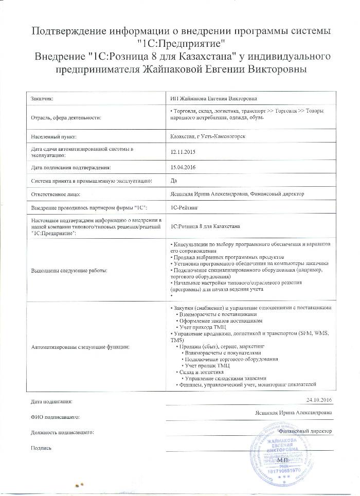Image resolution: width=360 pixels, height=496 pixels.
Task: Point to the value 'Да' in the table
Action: click(x=173, y=181)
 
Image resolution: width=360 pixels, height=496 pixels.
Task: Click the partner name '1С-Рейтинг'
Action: click(x=184, y=207)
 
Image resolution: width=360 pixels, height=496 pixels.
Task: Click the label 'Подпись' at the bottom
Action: click(x=41, y=449)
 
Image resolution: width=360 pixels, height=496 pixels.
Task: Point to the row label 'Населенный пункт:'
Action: click(x=53, y=137)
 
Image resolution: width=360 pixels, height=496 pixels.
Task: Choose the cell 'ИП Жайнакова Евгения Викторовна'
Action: click(x=211, y=97)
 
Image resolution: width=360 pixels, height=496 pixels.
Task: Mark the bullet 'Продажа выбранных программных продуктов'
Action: click(x=226, y=256)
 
